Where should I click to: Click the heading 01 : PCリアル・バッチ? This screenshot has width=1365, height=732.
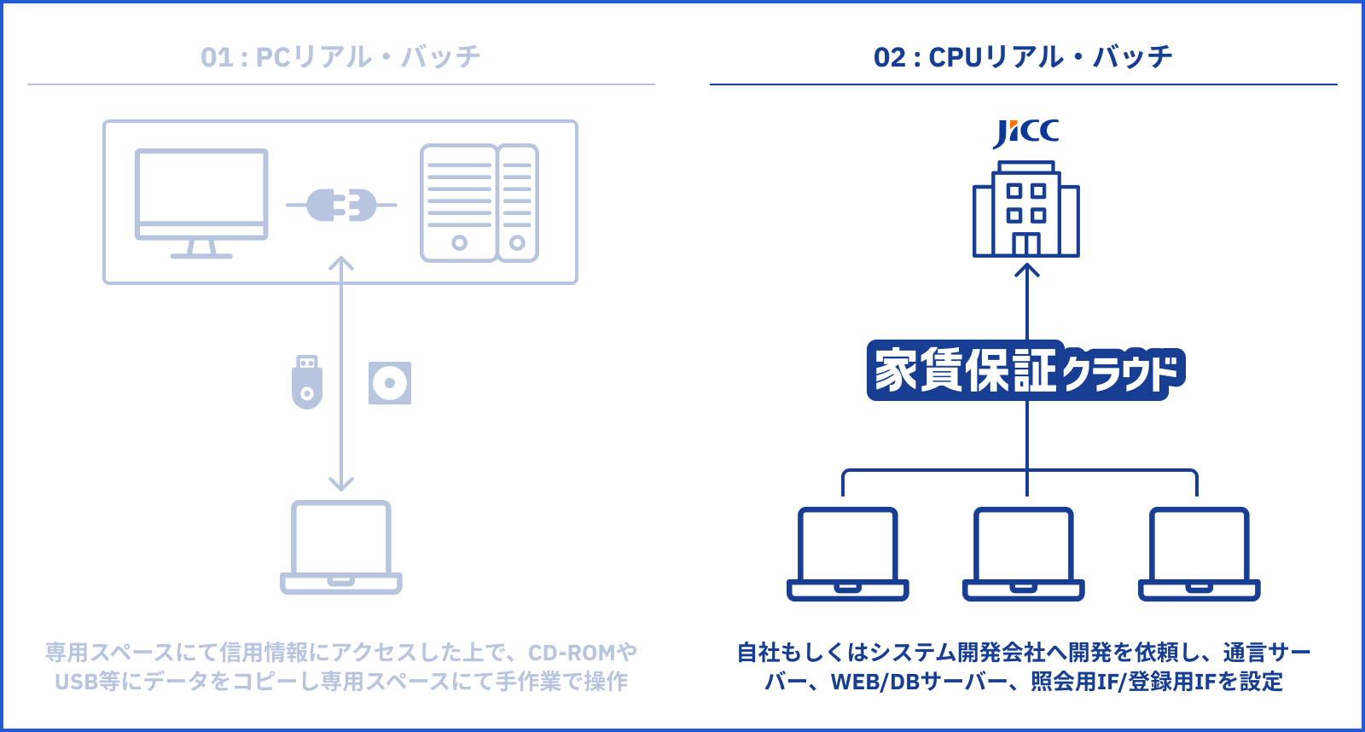[340, 57]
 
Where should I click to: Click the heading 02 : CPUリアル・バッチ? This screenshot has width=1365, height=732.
[1023, 57]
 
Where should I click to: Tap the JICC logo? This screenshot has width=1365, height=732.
[1025, 132]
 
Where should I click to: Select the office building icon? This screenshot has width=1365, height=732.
[1026, 210]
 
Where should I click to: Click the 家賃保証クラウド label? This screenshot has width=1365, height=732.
[1025, 371]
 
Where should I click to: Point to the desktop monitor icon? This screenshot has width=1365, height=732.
[201, 201]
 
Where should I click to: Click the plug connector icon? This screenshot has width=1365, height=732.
[341, 205]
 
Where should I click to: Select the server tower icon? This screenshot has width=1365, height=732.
[479, 203]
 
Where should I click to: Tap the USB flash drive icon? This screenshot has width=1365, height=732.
[307, 382]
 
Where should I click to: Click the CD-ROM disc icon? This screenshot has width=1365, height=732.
[390, 383]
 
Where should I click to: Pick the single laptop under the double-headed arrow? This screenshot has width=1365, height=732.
[341, 546]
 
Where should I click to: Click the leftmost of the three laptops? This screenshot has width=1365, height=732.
[847, 554]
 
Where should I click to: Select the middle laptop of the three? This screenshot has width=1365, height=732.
[1024, 554]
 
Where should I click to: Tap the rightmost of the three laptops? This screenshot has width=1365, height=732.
[1199, 554]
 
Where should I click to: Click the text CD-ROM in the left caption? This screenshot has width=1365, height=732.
[571, 653]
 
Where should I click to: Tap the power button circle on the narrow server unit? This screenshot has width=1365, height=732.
[517, 243]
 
